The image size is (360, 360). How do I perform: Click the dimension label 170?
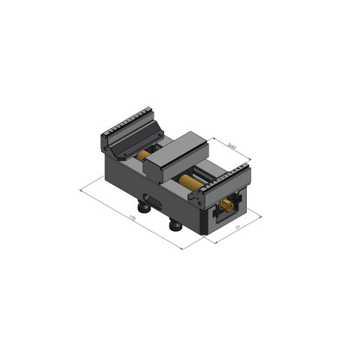coord(132,219)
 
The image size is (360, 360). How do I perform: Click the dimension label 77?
coord(238,226)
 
